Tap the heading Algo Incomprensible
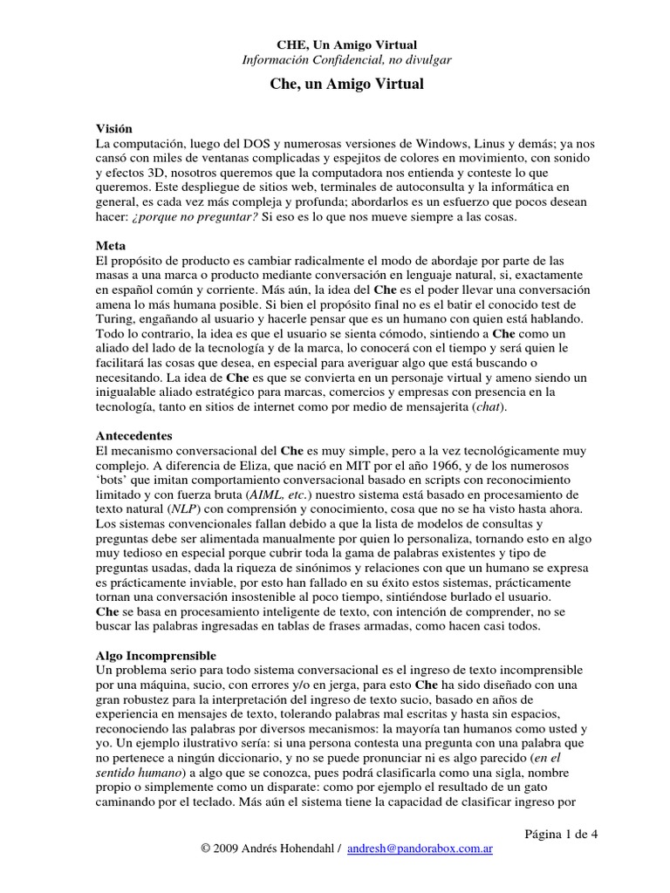(154, 654)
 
